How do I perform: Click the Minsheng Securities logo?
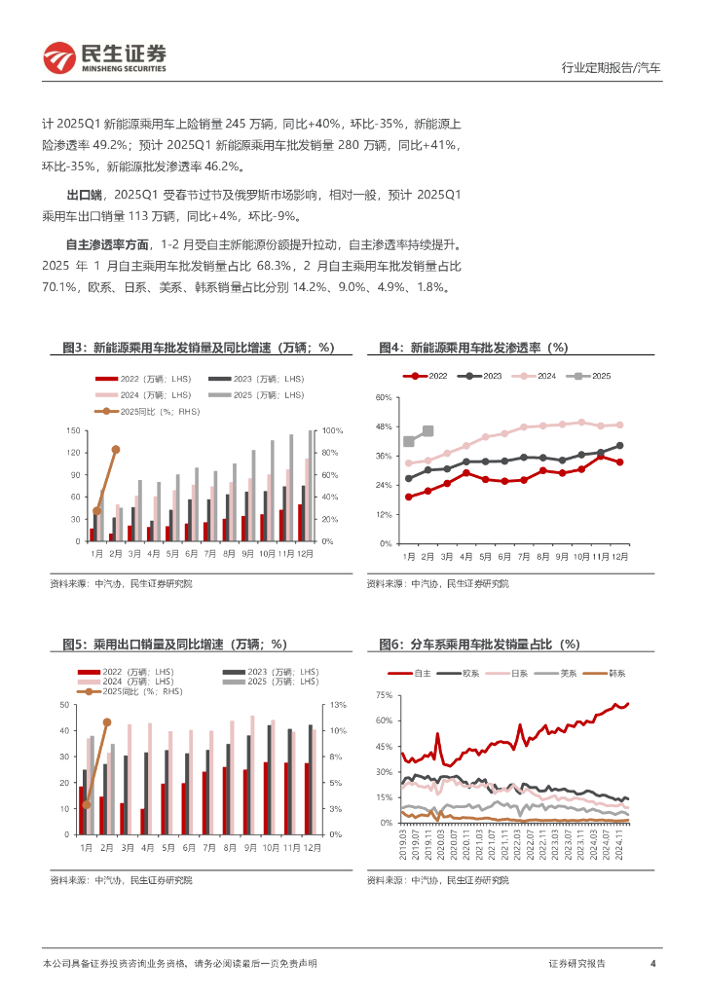coord(104,57)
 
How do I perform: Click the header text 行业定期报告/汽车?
coord(612,68)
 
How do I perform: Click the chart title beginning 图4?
coord(472,348)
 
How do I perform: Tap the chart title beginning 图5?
coord(169,645)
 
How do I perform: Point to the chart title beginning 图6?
coord(478,645)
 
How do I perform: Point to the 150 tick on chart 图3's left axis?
coord(74,430)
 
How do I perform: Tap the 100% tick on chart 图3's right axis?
coord(333,430)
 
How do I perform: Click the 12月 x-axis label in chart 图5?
coord(309,849)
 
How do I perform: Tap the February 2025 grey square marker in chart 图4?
coord(428,431)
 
